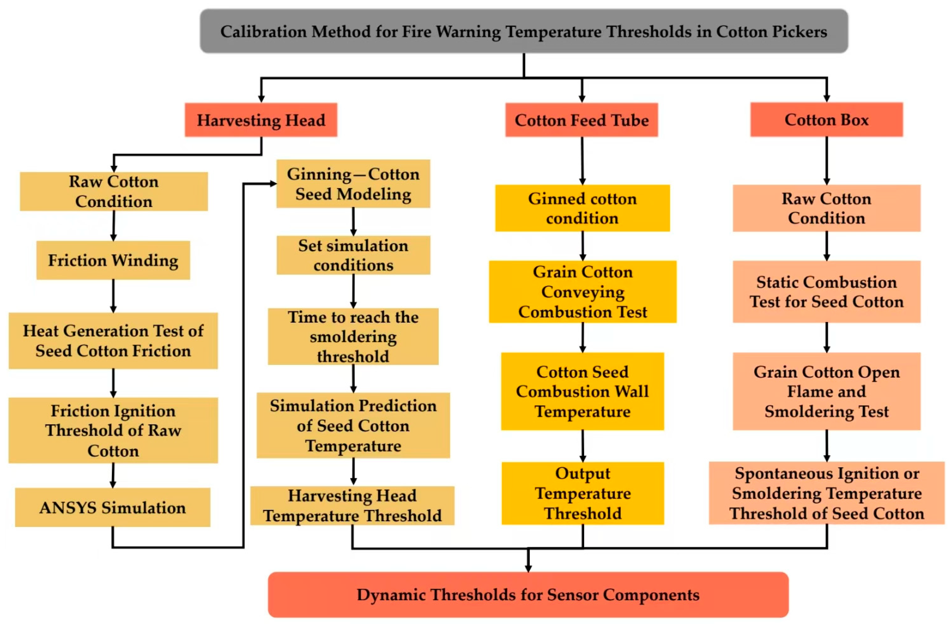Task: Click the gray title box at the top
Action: point(524,31)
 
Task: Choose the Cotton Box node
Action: point(826,120)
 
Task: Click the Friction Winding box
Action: point(113,260)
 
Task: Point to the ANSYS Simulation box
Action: point(113,507)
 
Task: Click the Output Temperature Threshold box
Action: point(582,493)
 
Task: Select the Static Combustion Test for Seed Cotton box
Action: point(826,292)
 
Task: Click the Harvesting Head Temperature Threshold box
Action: point(352,506)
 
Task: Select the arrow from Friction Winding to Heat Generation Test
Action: point(113,296)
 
